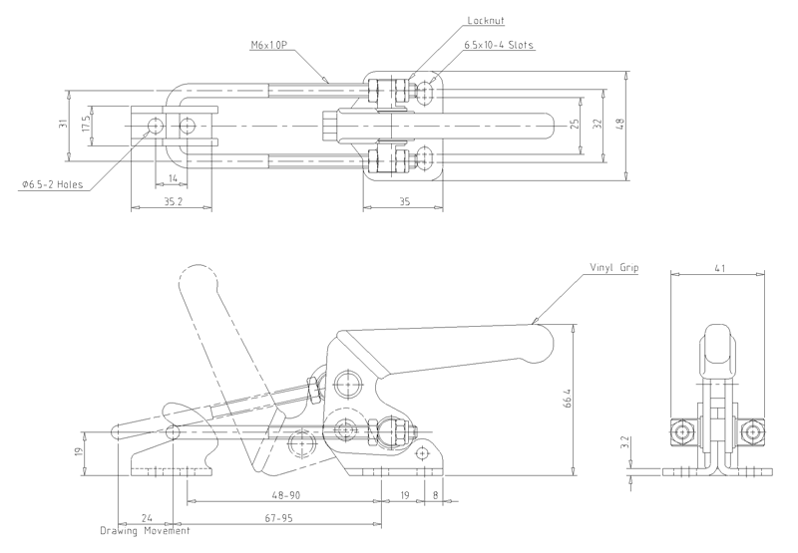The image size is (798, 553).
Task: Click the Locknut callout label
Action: [486, 21]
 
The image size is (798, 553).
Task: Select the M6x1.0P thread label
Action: [268, 45]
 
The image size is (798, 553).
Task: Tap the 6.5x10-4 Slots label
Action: [498, 45]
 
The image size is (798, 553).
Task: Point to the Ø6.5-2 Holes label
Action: [52, 184]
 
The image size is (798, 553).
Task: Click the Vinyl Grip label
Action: [613, 267]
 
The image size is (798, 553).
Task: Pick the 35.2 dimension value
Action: [173, 202]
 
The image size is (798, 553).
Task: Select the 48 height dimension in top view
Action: [619, 125]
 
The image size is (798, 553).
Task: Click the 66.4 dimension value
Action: [568, 398]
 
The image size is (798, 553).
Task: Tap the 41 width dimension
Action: [719, 268]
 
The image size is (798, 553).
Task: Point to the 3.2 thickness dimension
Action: [626, 443]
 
